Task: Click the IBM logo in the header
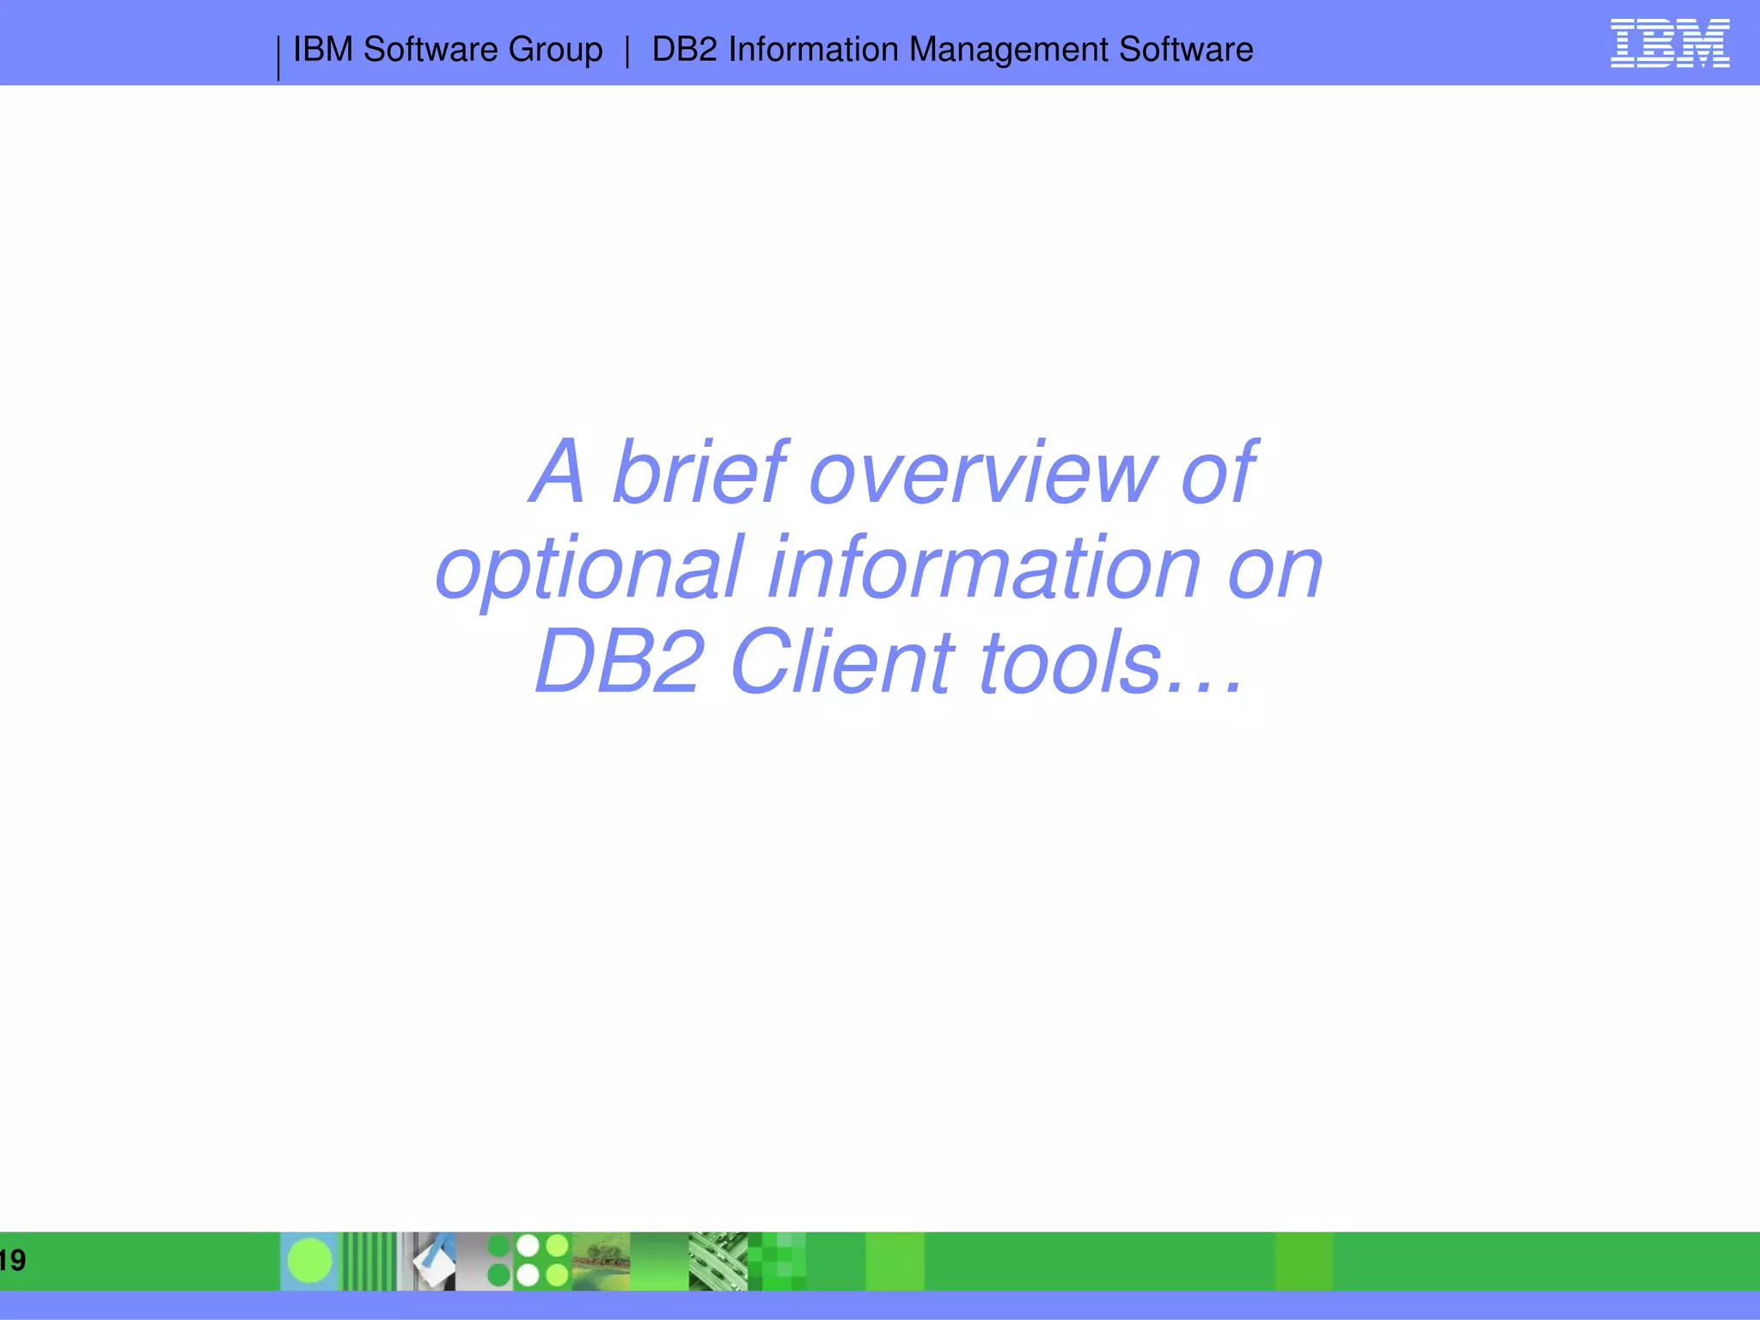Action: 1669,44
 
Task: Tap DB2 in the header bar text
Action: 684,50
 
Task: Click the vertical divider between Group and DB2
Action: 628,52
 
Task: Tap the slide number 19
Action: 12,1261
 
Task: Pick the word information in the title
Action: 983,568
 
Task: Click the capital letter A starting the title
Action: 557,472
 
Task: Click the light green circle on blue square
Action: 310,1261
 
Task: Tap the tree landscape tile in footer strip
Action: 601,1261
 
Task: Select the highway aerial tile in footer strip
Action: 718,1261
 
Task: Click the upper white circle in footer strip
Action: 528,1246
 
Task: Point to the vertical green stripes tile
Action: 370,1261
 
